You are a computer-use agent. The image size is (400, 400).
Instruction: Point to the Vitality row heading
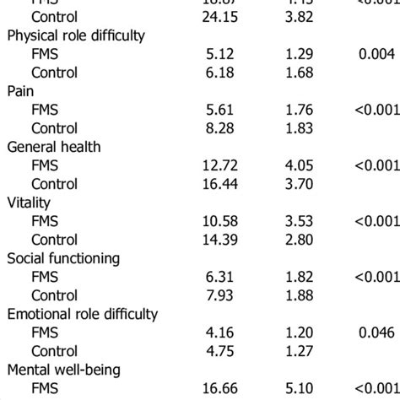(x=30, y=203)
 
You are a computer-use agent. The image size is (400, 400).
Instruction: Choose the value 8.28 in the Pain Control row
(x=214, y=128)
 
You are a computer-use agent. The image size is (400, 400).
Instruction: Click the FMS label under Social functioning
(x=46, y=277)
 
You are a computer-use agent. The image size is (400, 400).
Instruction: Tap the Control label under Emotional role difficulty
(x=55, y=351)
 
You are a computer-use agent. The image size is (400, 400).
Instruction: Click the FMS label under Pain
(x=46, y=110)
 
